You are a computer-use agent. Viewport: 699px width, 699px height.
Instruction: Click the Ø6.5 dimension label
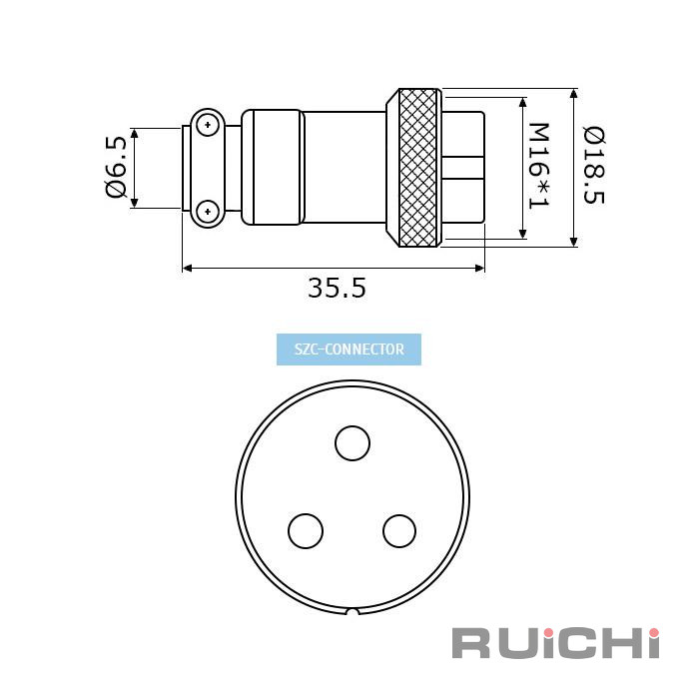pyautogui.click(x=117, y=167)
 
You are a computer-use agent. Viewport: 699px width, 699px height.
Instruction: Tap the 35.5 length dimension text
pyautogui.click(x=338, y=288)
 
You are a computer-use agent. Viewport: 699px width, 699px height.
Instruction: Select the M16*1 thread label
pyautogui.click(x=538, y=166)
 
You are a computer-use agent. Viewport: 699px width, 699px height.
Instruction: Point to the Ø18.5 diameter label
pyautogui.click(x=594, y=166)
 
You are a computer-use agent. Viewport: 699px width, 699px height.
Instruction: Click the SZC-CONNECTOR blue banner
pyautogui.click(x=349, y=349)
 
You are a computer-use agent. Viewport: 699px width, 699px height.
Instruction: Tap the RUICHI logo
pyautogui.click(x=555, y=643)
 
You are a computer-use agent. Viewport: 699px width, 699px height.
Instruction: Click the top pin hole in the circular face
pyautogui.click(x=352, y=443)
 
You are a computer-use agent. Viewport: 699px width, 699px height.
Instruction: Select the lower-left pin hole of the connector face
pyautogui.click(x=306, y=531)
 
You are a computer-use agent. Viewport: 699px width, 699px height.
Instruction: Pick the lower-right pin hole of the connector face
pyautogui.click(x=399, y=531)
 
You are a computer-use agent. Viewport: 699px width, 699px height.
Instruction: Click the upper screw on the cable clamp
pyautogui.click(x=208, y=125)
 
